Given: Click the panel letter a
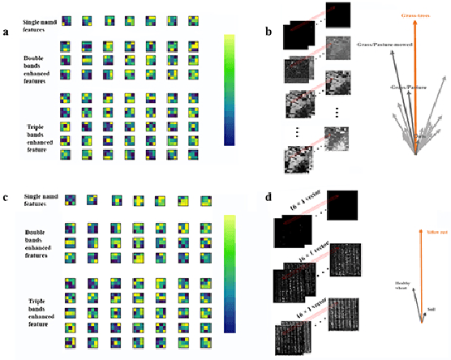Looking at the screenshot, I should (x=6, y=32).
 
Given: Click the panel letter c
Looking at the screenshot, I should (x=6, y=197).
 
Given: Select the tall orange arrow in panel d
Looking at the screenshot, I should (x=421, y=276).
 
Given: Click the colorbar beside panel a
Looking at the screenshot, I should (x=230, y=89).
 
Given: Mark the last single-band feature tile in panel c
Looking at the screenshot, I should (x=206, y=200).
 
